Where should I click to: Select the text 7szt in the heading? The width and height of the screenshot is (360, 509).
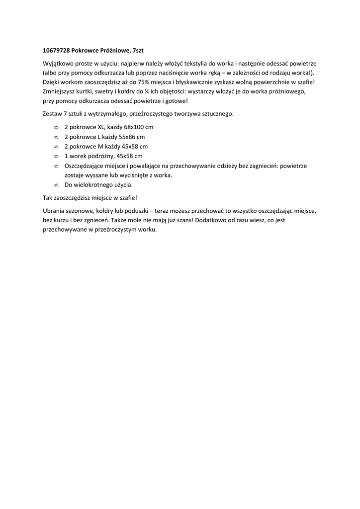click(x=138, y=51)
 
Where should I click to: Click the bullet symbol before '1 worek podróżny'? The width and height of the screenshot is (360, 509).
click(x=56, y=156)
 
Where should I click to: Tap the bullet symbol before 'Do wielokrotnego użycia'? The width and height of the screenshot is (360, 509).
click(x=56, y=185)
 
